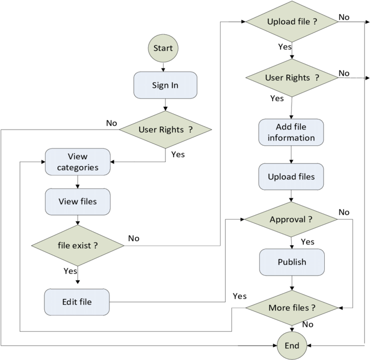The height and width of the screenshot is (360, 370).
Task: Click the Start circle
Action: tap(163, 48)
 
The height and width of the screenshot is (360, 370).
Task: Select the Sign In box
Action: tap(165, 85)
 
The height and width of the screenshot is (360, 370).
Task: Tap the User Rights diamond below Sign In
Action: tap(165, 129)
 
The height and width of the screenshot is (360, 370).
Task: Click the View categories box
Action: tap(78, 162)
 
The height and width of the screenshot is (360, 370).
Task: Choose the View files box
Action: tap(78, 202)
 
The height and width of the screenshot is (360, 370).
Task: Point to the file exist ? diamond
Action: tap(78, 245)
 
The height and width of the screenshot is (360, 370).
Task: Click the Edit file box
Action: tap(77, 302)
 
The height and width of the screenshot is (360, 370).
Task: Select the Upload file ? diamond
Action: tap(292, 22)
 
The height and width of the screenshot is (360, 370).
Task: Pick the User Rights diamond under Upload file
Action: tap(292, 78)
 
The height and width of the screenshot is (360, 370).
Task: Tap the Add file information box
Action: tap(291, 133)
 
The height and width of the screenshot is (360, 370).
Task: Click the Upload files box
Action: tap(291, 177)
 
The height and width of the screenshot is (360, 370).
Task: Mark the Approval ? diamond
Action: tap(292, 219)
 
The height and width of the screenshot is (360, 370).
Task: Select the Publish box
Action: tap(292, 262)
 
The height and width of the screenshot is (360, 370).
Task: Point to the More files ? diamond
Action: tap(292, 307)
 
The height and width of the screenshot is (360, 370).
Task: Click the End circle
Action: tap(292, 346)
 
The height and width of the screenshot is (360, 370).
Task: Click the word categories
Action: tap(78, 168)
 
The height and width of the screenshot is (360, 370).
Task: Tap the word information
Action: tap(291, 138)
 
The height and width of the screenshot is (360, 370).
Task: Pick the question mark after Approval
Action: tap(311, 219)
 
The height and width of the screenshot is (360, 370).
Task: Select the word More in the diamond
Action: tap(278, 307)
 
